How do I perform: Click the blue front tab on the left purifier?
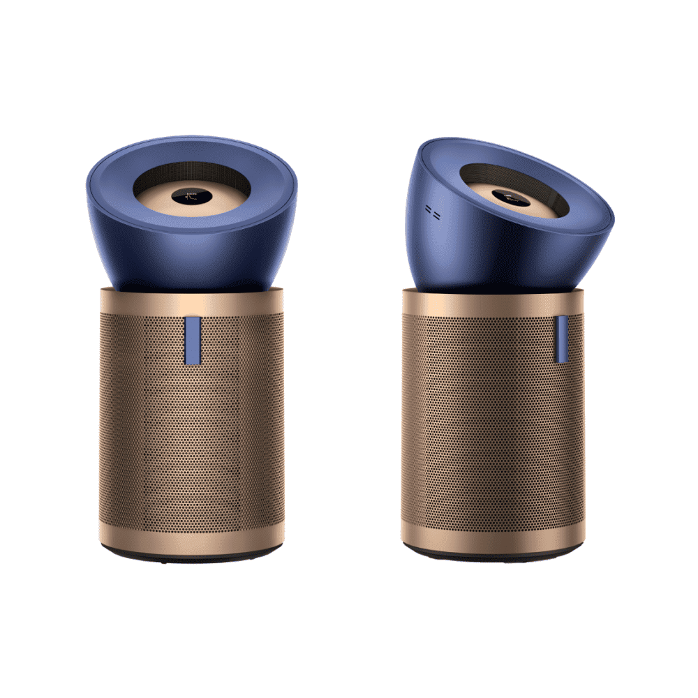[193, 341]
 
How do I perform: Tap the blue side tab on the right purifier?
[561, 339]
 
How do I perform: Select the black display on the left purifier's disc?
[191, 197]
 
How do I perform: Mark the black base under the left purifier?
[192, 558]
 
